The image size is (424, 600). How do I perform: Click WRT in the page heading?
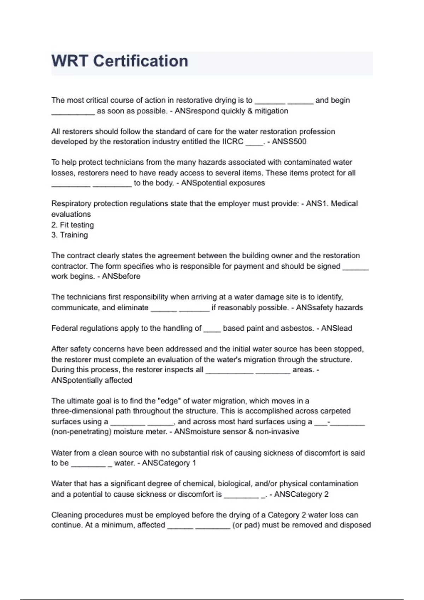coord(70,61)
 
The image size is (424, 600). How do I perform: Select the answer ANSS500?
coord(289,142)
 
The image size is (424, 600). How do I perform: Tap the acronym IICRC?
coord(232,142)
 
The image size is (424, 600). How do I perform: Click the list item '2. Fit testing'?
coord(72,225)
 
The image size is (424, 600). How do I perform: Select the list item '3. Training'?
coord(70,235)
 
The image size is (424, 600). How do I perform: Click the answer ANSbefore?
coord(121,276)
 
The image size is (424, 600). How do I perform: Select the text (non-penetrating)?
coord(81,432)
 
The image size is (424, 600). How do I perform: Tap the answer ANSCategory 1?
coord(169,463)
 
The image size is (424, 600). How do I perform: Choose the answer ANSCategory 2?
coord(301,494)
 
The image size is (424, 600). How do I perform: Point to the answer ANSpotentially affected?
coord(92,380)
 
